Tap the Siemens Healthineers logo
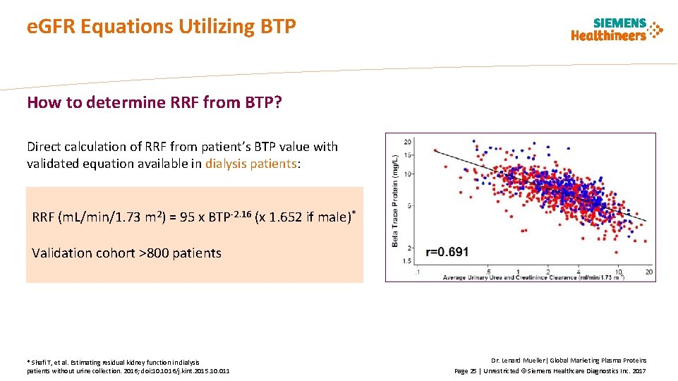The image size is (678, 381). pyautogui.click(x=617, y=30)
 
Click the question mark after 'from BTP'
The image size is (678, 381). pyautogui.click(x=278, y=103)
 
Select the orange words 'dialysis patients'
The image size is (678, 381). pyautogui.click(x=250, y=164)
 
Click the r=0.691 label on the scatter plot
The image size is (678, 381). pyautogui.click(x=447, y=252)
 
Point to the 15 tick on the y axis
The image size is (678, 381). pyautogui.click(x=408, y=155)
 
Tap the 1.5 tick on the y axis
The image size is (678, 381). pyautogui.click(x=408, y=262)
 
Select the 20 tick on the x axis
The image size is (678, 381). pyautogui.click(x=648, y=271)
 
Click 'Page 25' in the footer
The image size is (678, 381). pyautogui.click(x=465, y=370)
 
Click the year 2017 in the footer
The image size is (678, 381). pyautogui.click(x=638, y=370)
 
